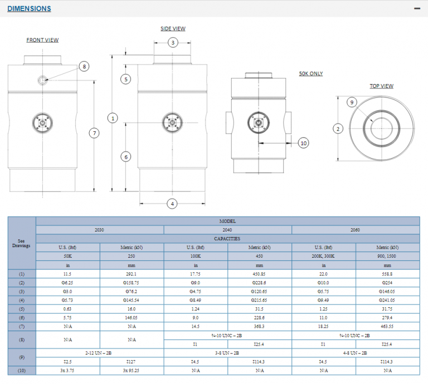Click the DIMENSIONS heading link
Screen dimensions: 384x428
29,8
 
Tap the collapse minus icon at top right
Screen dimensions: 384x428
416,8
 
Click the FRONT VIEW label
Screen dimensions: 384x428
42,40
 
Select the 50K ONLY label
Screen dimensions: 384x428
311,73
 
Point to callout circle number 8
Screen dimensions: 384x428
84,67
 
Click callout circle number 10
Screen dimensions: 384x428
304,143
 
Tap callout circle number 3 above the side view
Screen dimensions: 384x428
173,43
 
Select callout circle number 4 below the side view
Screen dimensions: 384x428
172,204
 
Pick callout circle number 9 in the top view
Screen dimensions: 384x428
351,102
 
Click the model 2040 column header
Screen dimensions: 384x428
228,230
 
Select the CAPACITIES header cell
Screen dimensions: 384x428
228,239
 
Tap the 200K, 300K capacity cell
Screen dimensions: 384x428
323,256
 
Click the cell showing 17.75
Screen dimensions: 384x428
196,274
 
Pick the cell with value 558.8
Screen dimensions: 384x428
387,274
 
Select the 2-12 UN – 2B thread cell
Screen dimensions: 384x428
100,353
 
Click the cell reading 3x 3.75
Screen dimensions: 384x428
67,370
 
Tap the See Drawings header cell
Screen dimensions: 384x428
22,243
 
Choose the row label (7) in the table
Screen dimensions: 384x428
22,326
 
